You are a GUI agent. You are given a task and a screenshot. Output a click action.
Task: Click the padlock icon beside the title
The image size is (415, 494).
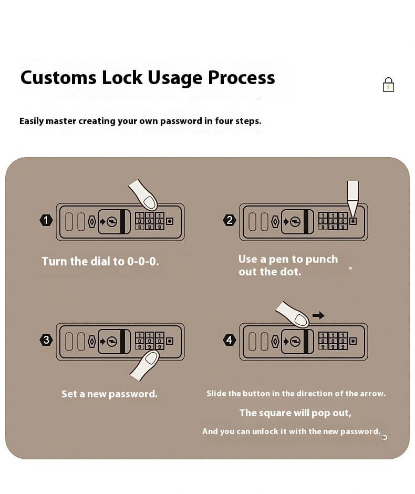388,85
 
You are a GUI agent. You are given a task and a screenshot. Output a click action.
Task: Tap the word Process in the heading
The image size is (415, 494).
241,78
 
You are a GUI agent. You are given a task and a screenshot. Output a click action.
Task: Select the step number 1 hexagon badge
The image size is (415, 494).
46,220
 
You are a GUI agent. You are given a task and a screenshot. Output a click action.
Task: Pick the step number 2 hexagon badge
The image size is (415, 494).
229,220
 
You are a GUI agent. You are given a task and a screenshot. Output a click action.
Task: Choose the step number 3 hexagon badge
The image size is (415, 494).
46,340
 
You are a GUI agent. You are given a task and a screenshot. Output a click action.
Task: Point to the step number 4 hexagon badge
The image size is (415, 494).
229,340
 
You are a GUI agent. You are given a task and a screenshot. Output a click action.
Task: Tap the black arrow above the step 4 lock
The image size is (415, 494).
318,315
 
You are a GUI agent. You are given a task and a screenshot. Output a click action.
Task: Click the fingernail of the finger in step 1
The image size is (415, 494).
150,202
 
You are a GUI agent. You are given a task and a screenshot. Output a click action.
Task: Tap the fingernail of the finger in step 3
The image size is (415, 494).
151,358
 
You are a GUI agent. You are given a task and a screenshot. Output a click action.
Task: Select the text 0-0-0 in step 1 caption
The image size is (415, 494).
142,261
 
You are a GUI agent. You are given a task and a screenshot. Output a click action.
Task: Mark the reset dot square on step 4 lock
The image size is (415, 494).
352,341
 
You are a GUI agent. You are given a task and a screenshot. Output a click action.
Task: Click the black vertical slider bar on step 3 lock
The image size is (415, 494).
122,341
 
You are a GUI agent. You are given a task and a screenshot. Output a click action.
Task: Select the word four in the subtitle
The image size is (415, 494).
224,121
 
